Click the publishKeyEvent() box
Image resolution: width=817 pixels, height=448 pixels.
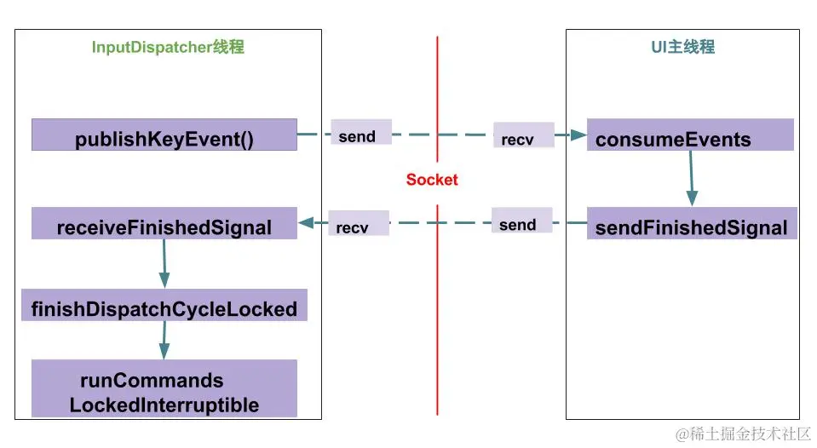(164, 135)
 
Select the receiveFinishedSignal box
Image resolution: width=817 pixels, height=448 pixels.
(164, 224)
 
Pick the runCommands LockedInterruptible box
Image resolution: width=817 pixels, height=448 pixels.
(164, 388)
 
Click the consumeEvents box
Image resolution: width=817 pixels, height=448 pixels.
(690, 135)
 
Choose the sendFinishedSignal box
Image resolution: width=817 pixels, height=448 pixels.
(692, 224)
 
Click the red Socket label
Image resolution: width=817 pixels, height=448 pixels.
(432, 180)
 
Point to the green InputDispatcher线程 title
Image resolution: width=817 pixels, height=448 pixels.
(168, 48)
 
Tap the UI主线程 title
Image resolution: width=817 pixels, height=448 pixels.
(682, 48)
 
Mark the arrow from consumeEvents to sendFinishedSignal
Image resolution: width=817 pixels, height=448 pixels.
(691, 179)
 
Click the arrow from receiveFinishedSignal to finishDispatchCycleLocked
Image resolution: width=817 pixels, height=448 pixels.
(164, 264)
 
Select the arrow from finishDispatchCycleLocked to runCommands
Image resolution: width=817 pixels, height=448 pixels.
(164, 340)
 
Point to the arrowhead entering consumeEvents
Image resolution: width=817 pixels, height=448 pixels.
(579, 135)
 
